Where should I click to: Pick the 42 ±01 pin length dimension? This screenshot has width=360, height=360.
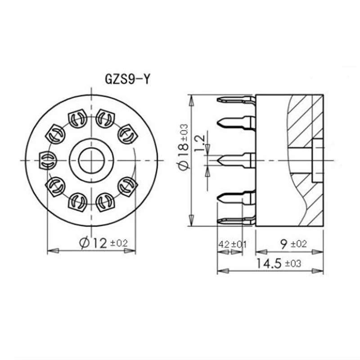(233, 244)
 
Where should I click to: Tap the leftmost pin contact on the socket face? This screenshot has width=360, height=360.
(47, 160)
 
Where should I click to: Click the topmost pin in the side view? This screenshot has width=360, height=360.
(235, 99)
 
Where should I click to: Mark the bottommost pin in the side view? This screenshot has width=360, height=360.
(235, 220)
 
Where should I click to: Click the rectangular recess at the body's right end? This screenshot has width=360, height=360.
(317, 160)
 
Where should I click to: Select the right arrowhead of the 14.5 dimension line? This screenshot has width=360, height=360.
(320, 271)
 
